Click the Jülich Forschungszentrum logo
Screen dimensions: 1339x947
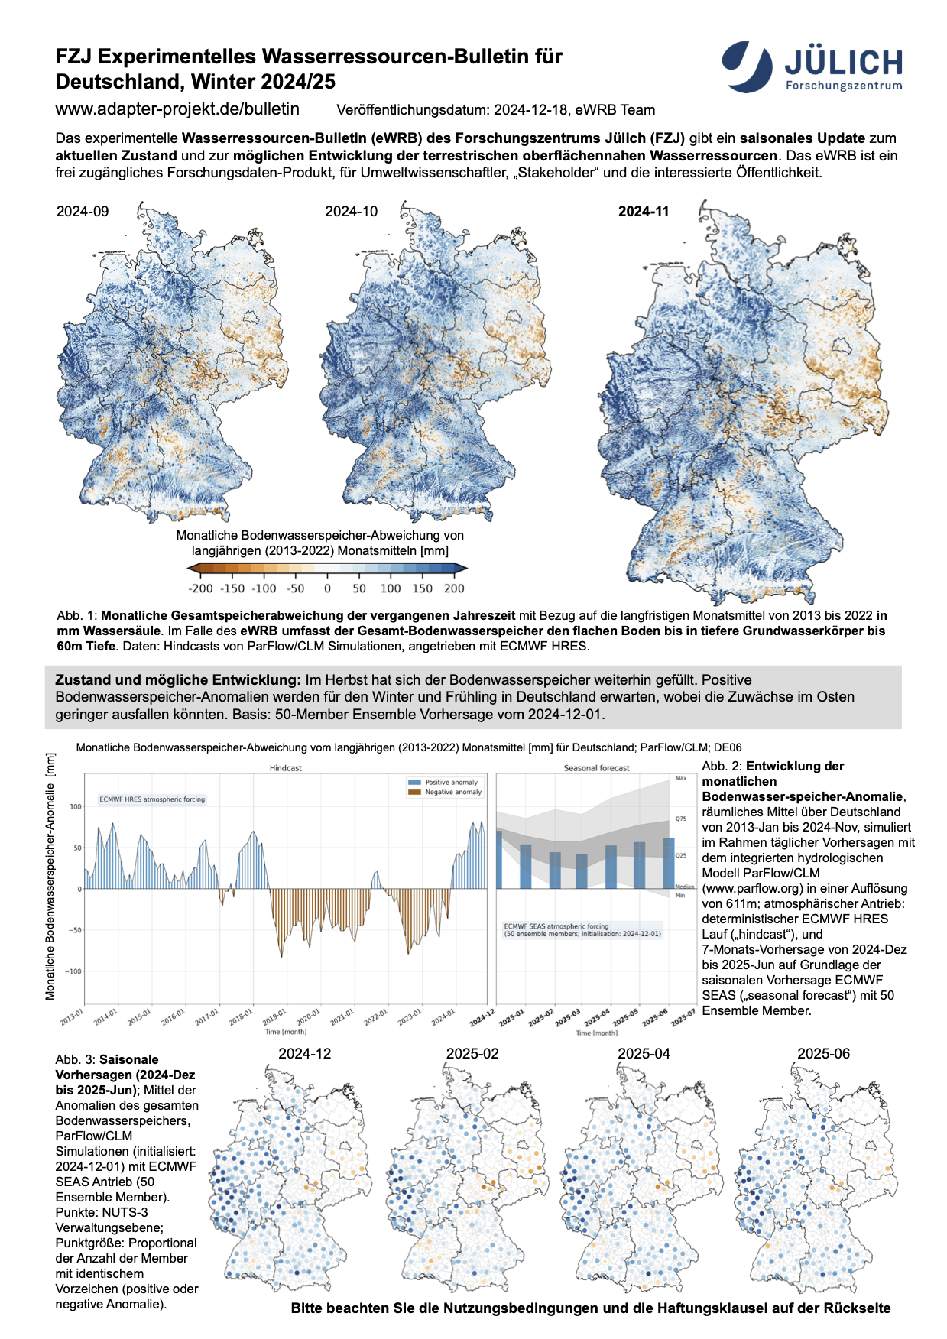coord(812,66)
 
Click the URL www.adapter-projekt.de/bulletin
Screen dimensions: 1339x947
coord(177,109)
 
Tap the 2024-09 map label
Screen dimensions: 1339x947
coord(83,212)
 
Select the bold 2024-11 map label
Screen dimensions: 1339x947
coord(644,212)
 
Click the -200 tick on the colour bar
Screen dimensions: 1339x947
coord(201,588)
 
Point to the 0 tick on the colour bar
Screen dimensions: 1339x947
coord(327,588)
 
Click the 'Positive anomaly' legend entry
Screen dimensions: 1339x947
coord(451,782)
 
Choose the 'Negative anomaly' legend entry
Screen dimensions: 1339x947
coord(452,792)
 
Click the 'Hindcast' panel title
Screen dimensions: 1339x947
coord(285,767)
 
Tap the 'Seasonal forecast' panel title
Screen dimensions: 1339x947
coord(596,767)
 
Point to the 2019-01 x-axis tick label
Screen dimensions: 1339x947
coord(274,1016)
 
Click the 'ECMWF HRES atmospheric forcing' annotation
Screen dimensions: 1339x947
coord(152,799)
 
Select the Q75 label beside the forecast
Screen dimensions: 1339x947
coord(680,819)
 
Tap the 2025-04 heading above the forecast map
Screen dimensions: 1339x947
coord(644,1053)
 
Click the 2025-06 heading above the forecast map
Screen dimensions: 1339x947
coord(823,1053)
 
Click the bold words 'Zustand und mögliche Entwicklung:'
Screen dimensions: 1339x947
coord(178,680)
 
